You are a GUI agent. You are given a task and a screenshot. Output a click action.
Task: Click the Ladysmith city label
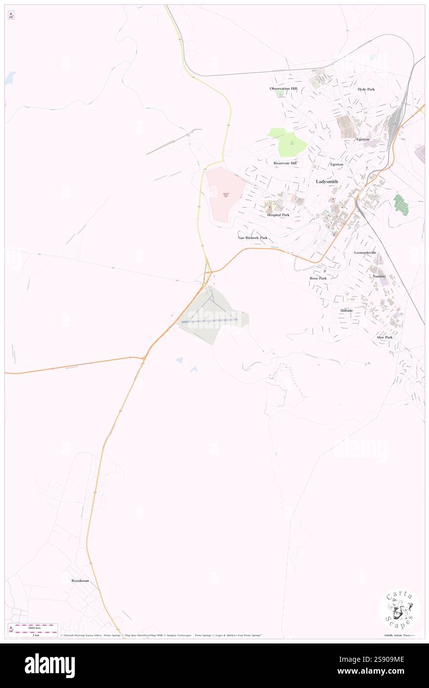[327, 182]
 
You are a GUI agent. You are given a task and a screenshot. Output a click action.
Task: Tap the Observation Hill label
[283, 89]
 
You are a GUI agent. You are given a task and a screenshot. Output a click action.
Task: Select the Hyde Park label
[366, 89]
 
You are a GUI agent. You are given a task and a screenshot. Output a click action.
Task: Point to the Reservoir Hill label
[285, 163]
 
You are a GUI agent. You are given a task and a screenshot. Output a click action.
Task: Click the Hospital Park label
[278, 215]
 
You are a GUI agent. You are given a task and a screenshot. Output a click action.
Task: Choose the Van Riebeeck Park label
[252, 238]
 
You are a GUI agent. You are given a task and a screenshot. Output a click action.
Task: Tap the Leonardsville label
[365, 252]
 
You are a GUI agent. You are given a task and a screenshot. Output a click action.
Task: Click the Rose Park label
[318, 278]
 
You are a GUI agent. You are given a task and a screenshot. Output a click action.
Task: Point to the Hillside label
[346, 310]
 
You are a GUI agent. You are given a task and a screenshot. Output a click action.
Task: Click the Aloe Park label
[384, 337]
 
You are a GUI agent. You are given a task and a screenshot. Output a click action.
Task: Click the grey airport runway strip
[209, 321]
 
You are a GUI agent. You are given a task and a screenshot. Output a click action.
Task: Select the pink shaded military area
[226, 194]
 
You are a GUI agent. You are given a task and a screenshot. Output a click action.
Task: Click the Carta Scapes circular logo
[399, 610]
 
